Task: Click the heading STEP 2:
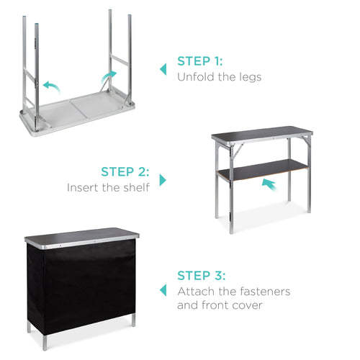click(x=125, y=172)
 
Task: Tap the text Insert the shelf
click(x=109, y=187)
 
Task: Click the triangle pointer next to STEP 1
click(x=163, y=70)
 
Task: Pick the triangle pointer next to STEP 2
click(x=163, y=179)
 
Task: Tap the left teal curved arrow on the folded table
click(x=50, y=86)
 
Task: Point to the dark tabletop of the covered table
click(x=81, y=236)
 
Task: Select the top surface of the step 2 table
click(x=261, y=134)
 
